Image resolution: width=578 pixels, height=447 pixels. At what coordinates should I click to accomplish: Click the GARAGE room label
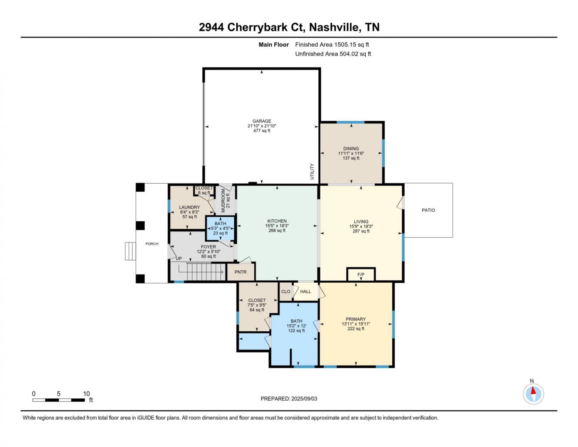pos(262,121)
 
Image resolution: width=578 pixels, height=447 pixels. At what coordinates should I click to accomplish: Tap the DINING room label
pos(351,148)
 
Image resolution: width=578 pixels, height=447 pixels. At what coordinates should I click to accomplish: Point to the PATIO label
pos(428,210)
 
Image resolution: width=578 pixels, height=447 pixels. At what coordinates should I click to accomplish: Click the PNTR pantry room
pos(241,272)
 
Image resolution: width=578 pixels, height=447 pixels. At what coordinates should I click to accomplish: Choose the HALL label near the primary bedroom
pos(305,292)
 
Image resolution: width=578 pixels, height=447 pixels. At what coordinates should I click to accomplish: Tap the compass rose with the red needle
pos(533,394)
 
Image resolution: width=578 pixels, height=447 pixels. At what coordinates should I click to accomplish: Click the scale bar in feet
pos(59,400)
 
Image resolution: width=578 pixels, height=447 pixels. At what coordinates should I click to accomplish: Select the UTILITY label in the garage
pos(312,172)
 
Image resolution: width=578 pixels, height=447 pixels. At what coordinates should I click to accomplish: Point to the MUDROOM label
pos(223,200)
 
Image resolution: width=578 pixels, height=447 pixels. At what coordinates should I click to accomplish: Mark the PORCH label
pos(152,244)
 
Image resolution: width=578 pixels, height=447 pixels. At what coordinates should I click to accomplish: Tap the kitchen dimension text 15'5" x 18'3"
pos(277,226)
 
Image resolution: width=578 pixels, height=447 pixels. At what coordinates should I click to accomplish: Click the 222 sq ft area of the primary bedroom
pos(356,329)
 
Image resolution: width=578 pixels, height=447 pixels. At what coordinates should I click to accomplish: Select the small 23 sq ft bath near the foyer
pos(220,228)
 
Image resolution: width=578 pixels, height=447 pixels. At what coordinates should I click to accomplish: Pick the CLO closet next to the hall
pos(286,292)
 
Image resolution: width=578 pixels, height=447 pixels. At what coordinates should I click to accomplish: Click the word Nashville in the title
pos(334,27)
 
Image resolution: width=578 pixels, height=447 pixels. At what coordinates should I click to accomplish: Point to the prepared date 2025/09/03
pos(304,399)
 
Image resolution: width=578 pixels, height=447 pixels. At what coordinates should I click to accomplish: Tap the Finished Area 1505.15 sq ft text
pos(332,45)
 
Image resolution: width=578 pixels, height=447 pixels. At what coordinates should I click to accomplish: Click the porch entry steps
pos(131,251)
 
